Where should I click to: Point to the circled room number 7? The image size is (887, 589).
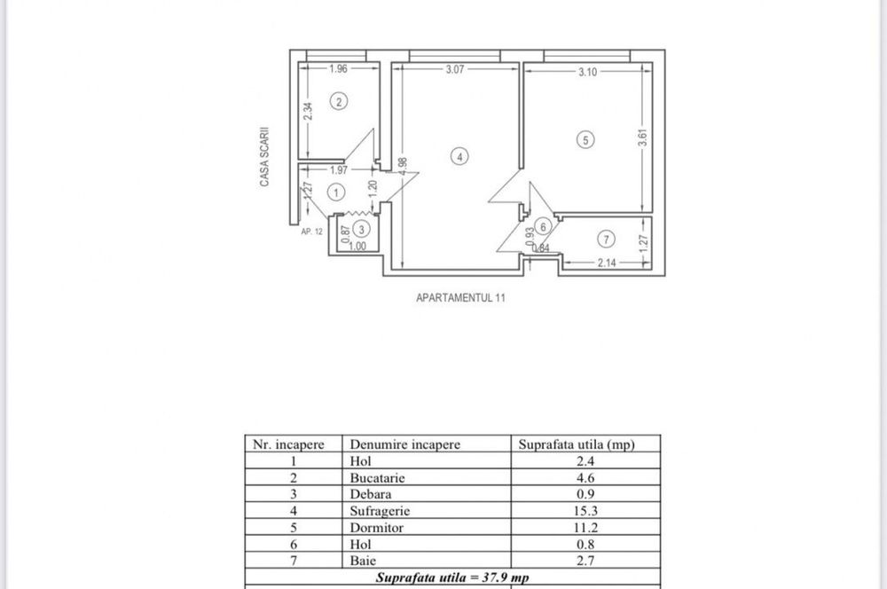tap(606, 239)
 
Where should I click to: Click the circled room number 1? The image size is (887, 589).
tap(335, 191)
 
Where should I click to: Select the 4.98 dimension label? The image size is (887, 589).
tap(404, 169)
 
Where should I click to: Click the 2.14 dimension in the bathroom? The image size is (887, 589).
tap(607, 262)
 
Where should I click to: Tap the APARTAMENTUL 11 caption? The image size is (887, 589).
tap(460, 299)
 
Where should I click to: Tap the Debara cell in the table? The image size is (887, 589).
tap(370, 495)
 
